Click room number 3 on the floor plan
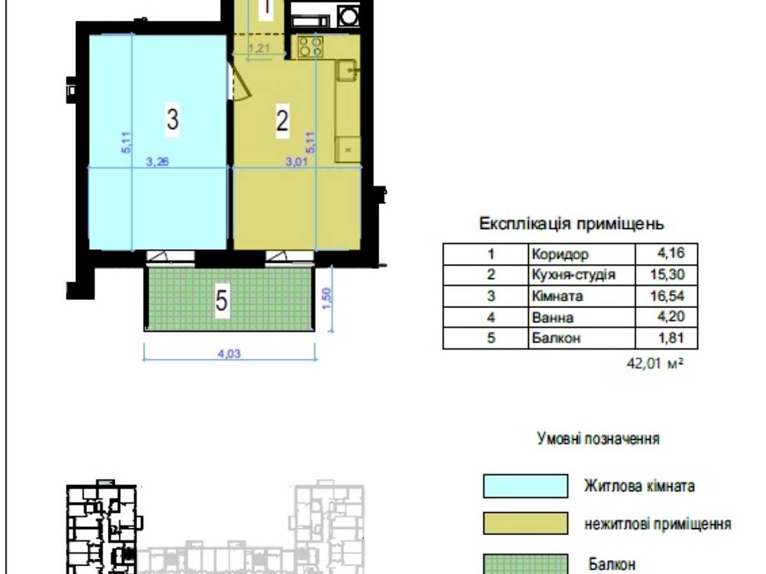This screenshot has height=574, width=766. pyautogui.click(x=172, y=119)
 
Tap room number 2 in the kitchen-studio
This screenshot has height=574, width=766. pyautogui.click(x=282, y=121)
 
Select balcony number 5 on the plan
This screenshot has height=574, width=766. pyautogui.click(x=222, y=301)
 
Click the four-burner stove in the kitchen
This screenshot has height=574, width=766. pyautogui.click(x=310, y=47)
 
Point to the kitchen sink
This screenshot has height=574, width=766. pyautogui.click(x=347, y=70)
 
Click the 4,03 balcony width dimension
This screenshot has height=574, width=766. pyautogui.click(x=229, y=354)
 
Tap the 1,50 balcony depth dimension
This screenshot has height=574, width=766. pyautogui.click(x=327, y=298)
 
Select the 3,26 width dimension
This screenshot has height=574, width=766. pyautogui.click(x=158, y=161)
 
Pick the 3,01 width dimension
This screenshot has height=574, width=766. pyautogui.click(x=297, y=162)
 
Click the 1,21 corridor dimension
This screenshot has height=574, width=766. pyautogui.click(x=259, y=48)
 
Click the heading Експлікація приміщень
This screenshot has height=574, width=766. pyautogui.click(x=571, y=223)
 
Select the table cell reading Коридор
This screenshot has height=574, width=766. pyautogui.click(x=560, y=254)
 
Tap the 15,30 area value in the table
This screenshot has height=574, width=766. pyautogui.click(x=667, y=275)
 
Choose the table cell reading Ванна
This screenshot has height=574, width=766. pyautogui.click(x=552, y=318)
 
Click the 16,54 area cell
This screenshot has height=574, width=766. pyautogui.click(x=667, y=296)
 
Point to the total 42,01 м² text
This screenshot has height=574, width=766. pyautogui.click(x=655, y=364)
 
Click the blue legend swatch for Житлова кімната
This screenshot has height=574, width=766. pyautogui.click(x=525, y=486)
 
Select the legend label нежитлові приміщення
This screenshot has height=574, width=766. pyautogui.click(x=658, y=524)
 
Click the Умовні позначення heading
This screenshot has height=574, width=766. pyautogui.click(x=598, y=438)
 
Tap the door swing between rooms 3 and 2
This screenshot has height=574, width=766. pyautogui.click(x=239, y=82)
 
